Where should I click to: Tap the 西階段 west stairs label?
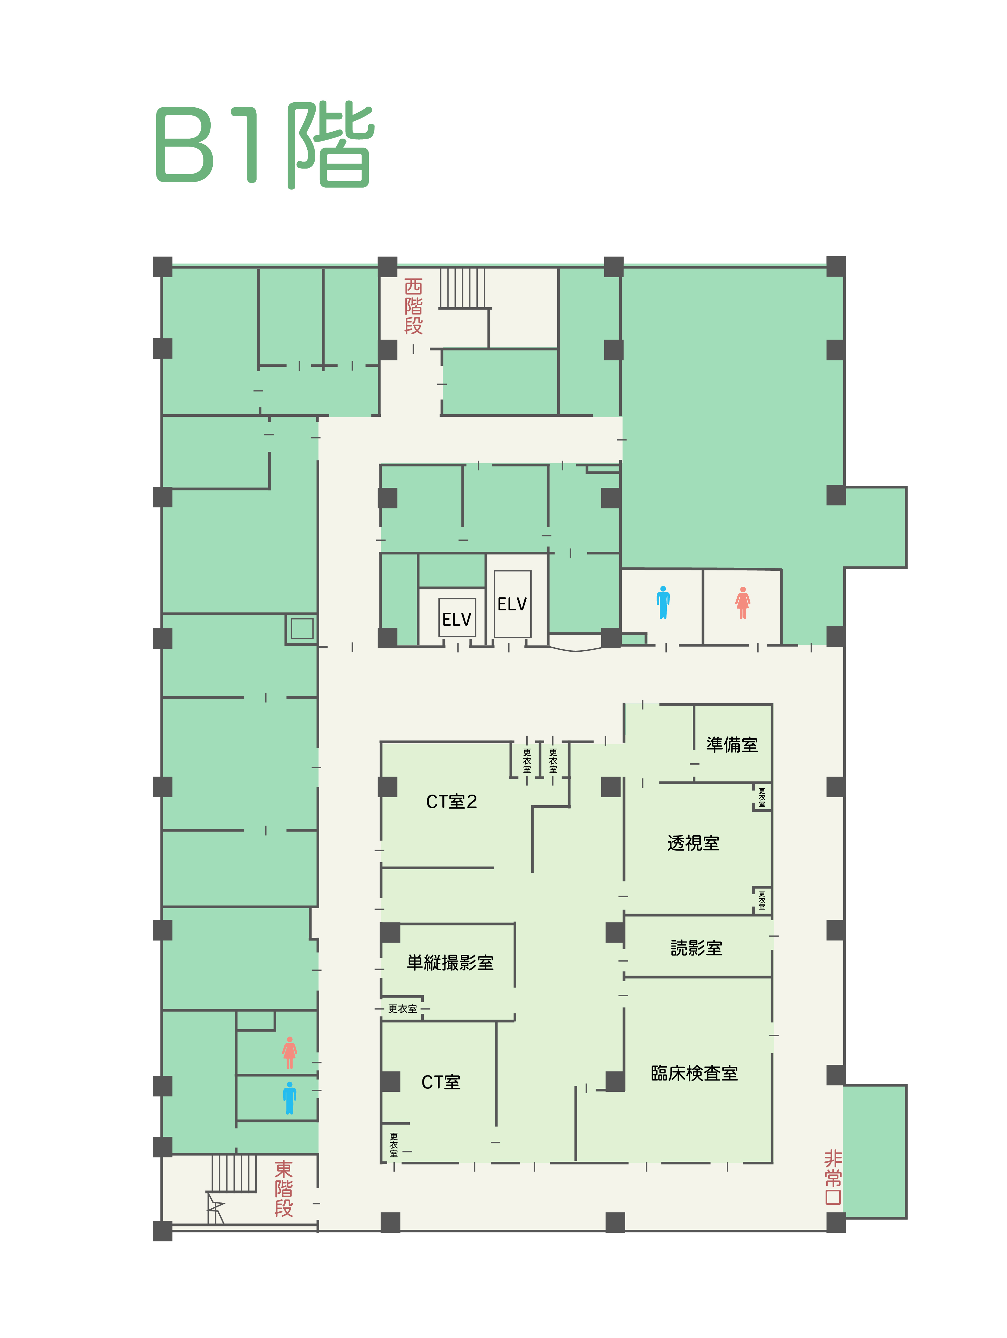413,306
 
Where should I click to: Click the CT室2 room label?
451,802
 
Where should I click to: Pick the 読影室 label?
696,948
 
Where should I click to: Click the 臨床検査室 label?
694,1073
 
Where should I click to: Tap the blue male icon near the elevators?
663,602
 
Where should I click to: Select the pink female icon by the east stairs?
290,1052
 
